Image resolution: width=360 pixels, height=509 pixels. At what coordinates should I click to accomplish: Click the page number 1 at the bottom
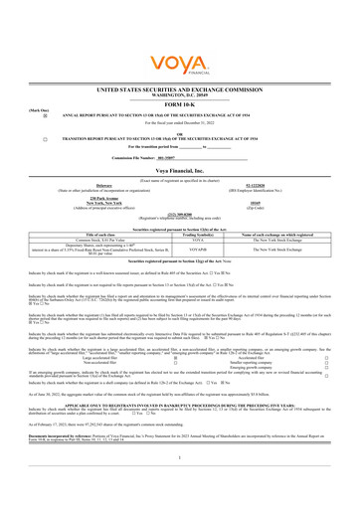click(x=179, y=483)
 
